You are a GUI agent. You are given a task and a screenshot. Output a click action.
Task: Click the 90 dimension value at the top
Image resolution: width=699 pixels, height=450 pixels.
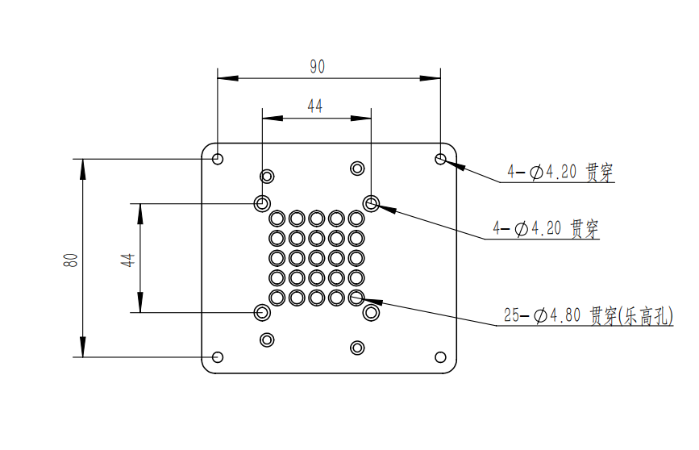tap(318, 67)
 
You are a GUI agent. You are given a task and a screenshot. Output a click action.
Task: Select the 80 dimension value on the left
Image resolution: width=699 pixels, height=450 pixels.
tap(71, 260)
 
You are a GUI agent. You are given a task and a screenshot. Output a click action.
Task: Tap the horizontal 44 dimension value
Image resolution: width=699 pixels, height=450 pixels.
tap(314, 106)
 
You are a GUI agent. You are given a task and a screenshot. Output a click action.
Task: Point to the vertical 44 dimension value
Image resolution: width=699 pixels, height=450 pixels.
tap(128, 260)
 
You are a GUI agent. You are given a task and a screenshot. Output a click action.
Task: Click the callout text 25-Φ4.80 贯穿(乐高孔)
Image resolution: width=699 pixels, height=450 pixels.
tap(589, 316)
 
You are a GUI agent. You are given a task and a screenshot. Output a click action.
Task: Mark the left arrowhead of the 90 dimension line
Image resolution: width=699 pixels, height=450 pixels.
tap(228, 78)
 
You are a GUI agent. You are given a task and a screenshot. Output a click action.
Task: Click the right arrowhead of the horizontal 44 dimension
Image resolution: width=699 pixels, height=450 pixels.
tap(361, 119)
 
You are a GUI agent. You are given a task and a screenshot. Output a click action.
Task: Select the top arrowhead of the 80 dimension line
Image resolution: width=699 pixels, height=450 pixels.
tap(83, 169)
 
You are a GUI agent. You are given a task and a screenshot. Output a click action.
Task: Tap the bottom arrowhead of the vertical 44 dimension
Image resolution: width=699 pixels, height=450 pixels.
tap(140, 302)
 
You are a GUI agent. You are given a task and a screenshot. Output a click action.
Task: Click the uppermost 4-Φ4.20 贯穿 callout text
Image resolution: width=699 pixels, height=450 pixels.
tap(560, 172)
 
